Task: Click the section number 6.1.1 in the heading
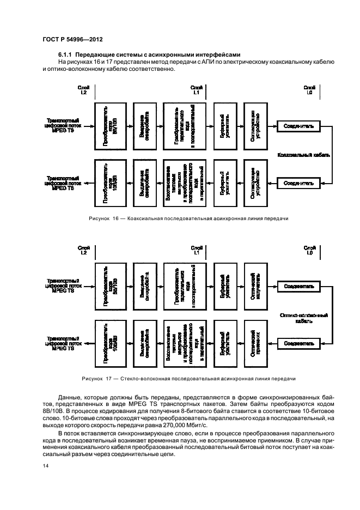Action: pos(65,55)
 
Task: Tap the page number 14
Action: pos(45,466)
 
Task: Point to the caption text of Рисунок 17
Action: pos(188,378)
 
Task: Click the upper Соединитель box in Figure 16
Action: pos(298,126)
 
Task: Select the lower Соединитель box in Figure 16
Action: pos(298,183)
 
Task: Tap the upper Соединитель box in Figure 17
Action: pos(298,286)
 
